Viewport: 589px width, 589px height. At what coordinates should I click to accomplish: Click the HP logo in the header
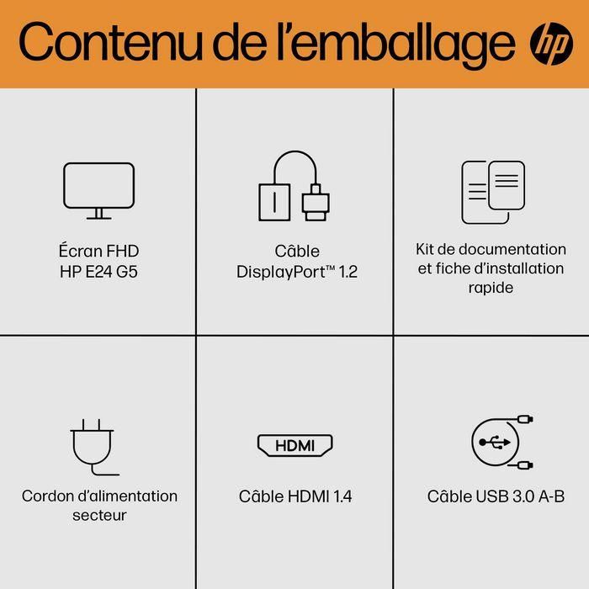tap(550, 43)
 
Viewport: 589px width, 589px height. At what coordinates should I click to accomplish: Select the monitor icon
tap(98, 190)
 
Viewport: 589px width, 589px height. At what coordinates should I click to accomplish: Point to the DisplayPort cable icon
tap(294, 186)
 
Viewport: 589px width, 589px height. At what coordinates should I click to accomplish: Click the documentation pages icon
tap(492, 191)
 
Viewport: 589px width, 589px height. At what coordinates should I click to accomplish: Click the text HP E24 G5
tap(99, 271)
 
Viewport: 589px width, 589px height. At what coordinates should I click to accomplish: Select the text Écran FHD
tap(99, 250)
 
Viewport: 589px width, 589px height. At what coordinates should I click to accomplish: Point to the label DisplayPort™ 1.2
tap(296, 272)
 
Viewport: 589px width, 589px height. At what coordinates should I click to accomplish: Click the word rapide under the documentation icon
tap(491, 287)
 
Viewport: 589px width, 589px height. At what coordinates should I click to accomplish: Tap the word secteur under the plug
tap(99, 515)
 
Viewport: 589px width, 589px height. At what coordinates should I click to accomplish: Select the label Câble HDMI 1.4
tap(295, 496)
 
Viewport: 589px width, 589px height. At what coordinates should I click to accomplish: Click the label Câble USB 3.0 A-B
tap(496, 496)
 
